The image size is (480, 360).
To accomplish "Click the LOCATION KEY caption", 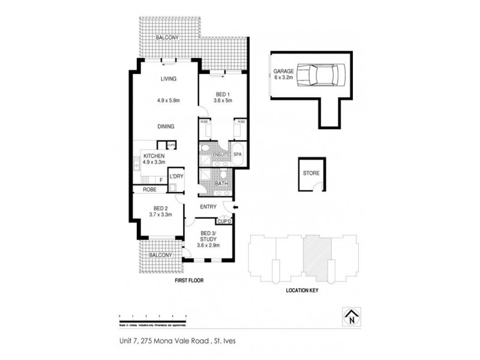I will (x=302, y=290).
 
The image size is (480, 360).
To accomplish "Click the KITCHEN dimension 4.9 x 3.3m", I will (x=154, y=162).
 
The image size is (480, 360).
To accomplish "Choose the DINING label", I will (x=166, y=127).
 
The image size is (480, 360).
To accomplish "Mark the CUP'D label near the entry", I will (x=224, y=221).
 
